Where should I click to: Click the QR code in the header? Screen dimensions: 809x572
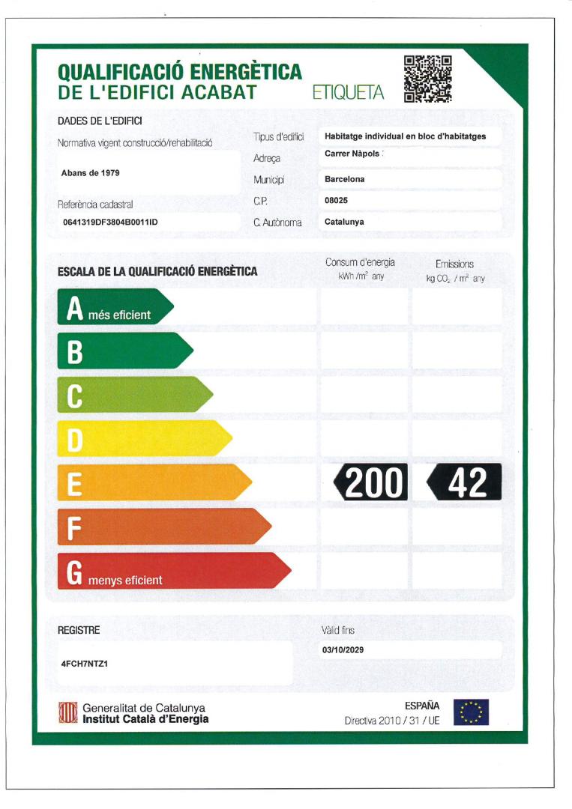click(x=427, y=79)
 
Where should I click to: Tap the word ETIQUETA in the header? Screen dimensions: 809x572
click(x=348, y=93)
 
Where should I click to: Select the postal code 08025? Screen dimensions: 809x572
click(x=336, y=201)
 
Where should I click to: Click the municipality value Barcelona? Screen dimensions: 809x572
click(x=345, y=180)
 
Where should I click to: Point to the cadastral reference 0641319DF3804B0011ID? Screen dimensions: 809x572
click(x=111, y=222)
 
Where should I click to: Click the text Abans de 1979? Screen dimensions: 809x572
click(x=90, y=173)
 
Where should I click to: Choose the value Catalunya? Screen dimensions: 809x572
click(x=344, y=222)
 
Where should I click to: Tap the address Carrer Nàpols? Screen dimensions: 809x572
click(x=352, y=154)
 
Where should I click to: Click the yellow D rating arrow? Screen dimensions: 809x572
click(x=143, y=438)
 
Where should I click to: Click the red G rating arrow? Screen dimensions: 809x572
click(x=172, y=571)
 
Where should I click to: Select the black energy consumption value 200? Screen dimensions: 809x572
click(x=371, y=482)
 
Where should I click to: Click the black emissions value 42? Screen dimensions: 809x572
click(x=465, y=482)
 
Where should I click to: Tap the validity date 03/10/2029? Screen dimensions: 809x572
click(x=343, y=649)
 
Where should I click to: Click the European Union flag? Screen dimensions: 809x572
click(x=471, y=712)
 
